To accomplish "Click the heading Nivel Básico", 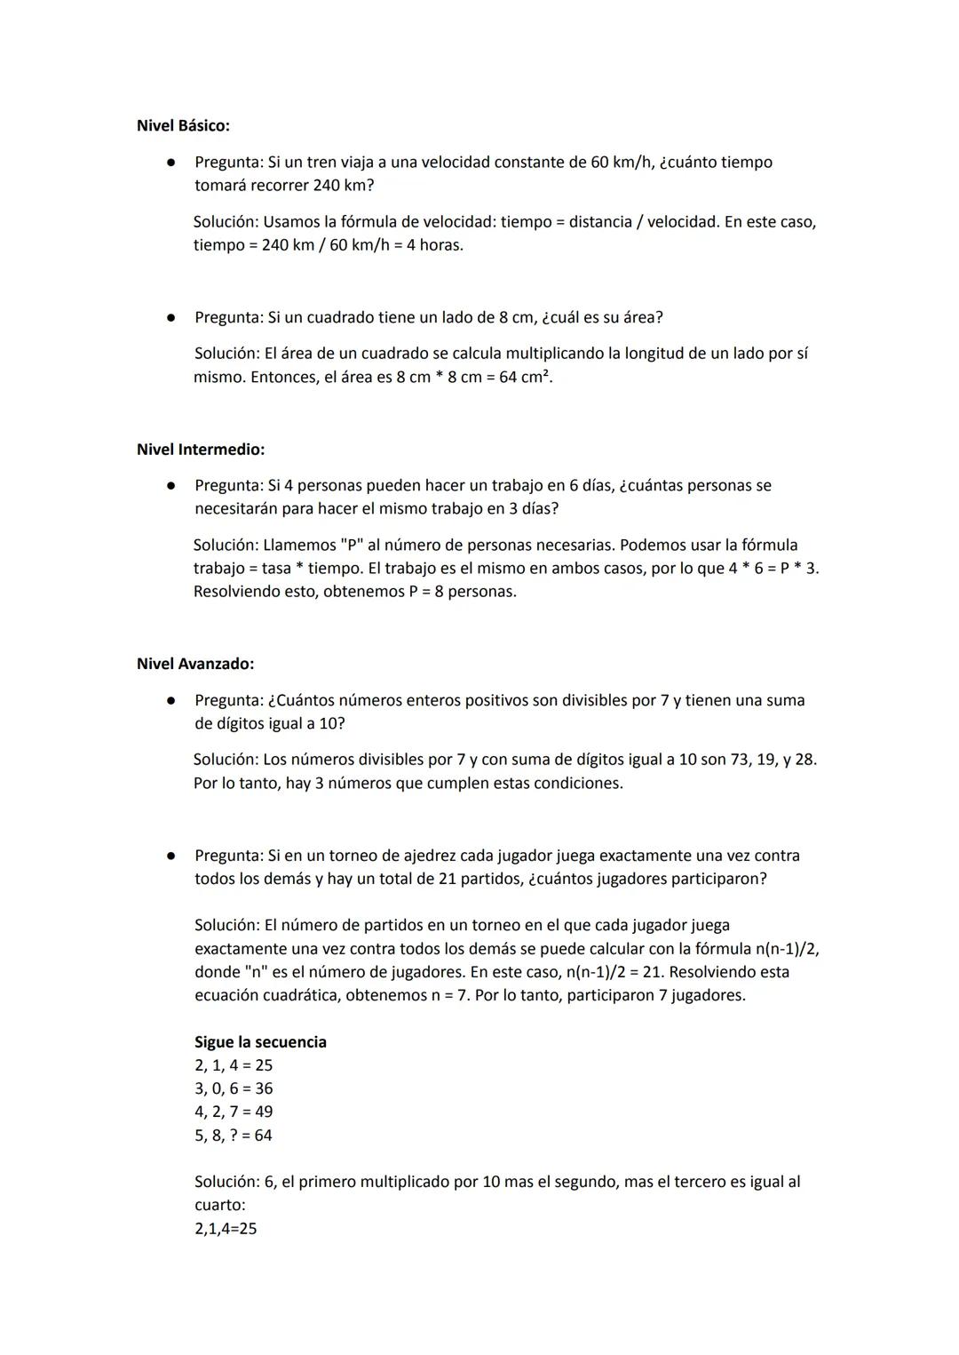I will coord(183,125).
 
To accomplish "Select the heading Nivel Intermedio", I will coord(201,450).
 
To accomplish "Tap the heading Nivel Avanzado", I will coord(195,664).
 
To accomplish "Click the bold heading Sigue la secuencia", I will coord(260,1041).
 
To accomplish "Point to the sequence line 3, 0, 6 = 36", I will coord(234,1088).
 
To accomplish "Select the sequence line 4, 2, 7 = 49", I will coord(234,1112).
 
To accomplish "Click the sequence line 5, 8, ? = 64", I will coord(234,1135).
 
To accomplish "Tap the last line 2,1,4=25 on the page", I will coord(226,1229).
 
